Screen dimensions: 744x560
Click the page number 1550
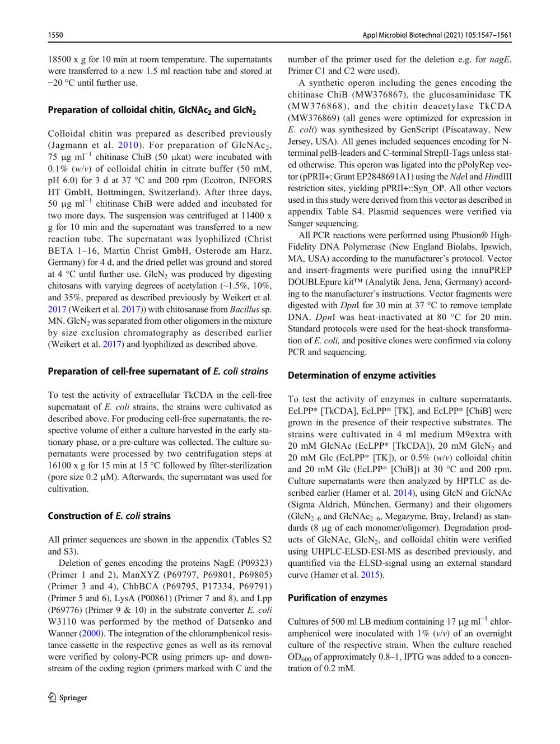pos(55,35)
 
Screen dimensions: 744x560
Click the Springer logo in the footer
pos(68,697)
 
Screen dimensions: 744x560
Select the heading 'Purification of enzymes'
pos(337,598)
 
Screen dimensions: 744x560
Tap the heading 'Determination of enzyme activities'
pos(362,375)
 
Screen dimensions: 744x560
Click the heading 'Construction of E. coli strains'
pos(109,516)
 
